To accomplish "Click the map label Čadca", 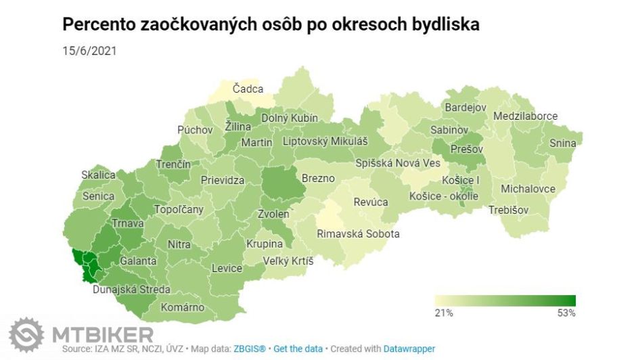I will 248,89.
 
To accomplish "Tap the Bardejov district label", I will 465,108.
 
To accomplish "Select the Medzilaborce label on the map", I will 525,116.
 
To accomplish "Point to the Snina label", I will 562,143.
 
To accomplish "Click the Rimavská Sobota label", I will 359,234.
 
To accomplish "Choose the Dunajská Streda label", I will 131,290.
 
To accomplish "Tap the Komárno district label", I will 182,307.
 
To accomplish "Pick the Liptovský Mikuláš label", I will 325,141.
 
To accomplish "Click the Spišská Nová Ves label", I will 399,163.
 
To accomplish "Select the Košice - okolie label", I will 444,196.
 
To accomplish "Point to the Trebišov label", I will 508,210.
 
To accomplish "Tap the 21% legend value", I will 444,313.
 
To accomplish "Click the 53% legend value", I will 566,313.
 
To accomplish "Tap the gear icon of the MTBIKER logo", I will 26,335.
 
